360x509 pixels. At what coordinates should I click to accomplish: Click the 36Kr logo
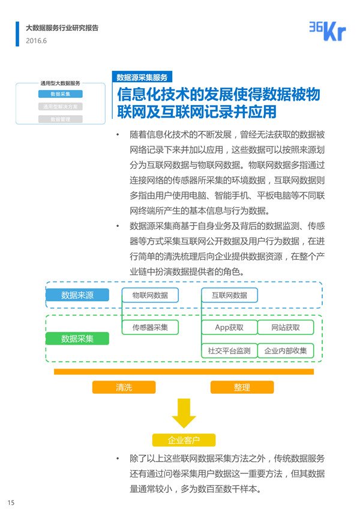coord(327,31)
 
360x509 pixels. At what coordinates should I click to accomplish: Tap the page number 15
coord(10,502)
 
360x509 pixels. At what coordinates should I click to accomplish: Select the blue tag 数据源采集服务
coord(142,77)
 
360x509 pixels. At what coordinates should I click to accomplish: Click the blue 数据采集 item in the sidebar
coord(60,94)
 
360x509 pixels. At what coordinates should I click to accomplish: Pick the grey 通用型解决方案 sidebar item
coord(60,107)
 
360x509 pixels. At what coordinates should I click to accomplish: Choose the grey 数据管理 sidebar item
coord(60,119)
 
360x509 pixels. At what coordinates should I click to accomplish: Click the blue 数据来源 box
coord(77,295)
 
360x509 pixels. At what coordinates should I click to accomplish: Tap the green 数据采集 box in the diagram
coord(77,339)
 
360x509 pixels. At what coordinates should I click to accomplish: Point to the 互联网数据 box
coord(229,295)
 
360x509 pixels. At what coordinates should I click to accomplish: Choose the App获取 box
coord(229,327)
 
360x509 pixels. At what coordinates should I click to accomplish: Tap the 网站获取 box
coord(285,327)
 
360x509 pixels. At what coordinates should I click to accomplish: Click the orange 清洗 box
coord(124,387)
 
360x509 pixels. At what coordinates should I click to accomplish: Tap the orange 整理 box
coord(242,387)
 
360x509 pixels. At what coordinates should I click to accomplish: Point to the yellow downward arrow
coord(184,414)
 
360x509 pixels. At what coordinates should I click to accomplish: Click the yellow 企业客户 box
coord(184,441)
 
